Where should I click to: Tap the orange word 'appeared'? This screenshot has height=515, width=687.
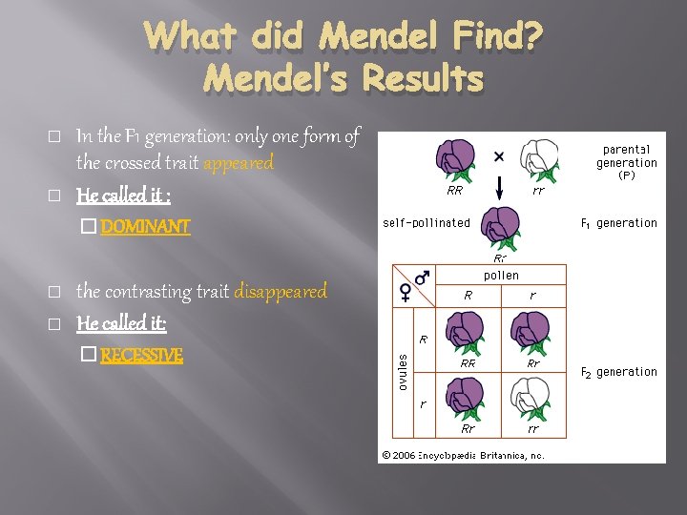point(239,163)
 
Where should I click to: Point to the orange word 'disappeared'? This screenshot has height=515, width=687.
point(281,291)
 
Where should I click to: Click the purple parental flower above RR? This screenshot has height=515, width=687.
point(455,159)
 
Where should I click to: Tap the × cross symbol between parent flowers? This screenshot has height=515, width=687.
point(499,155)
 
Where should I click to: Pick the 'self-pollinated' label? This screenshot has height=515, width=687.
point(427,223)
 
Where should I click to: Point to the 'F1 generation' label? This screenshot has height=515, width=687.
point(619,223)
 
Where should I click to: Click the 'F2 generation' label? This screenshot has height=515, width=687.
point(619,372)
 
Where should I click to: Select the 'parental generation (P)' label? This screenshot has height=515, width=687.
point(627,162)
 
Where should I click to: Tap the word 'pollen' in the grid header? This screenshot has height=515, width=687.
point(501,275)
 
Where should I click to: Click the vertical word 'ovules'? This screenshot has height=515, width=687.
point(404,367)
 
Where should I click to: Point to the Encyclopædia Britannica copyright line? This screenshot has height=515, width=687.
point(463,455)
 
